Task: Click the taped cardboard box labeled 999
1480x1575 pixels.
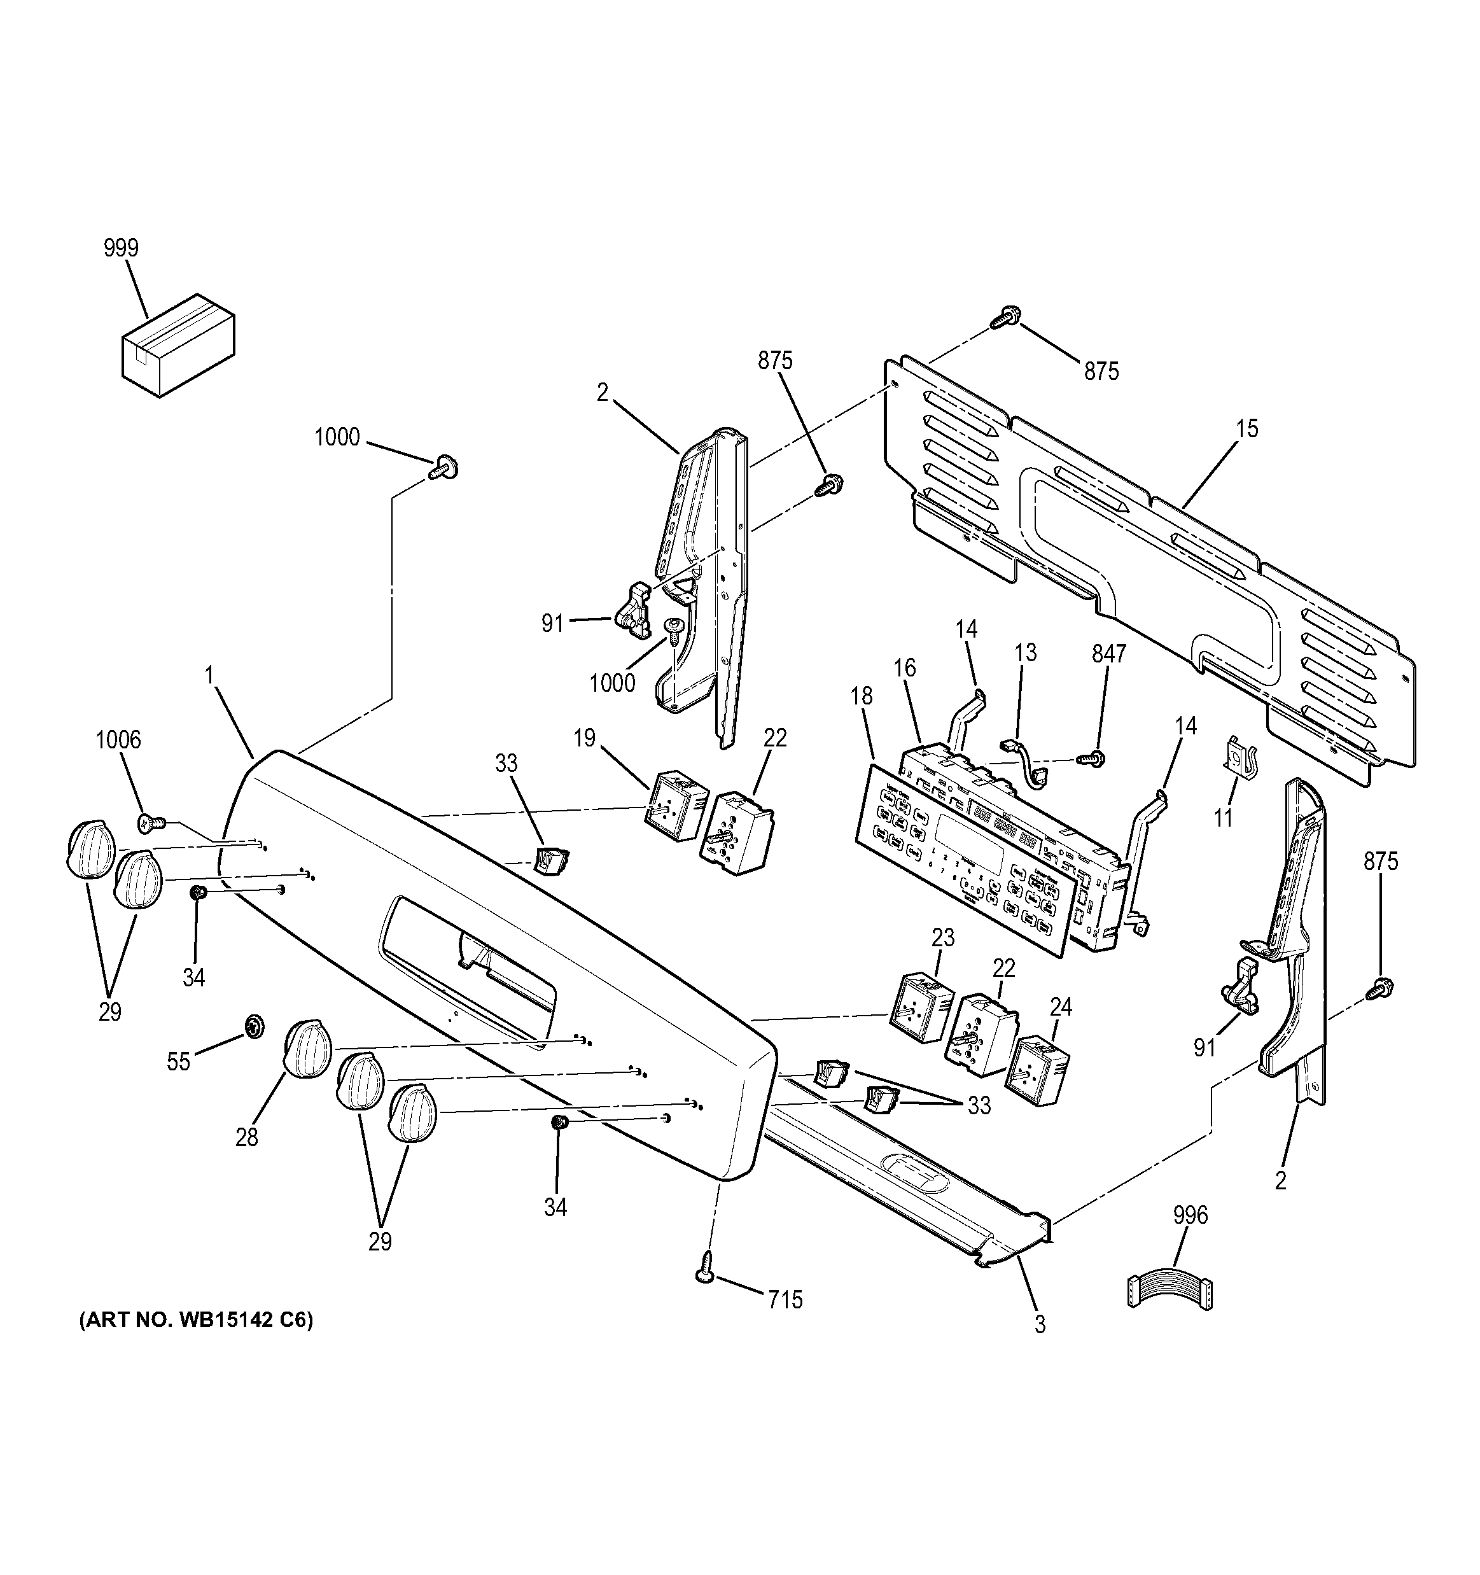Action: click(178, 345)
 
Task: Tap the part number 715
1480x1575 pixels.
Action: click(785, 1299)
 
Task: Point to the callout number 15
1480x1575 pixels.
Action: click(1246, 429)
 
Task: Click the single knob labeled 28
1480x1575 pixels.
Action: click(307, 1048)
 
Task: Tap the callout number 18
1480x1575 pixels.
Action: click(862, 696)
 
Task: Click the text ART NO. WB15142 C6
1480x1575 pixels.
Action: click(196, 1320)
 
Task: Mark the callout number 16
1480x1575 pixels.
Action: click(905, 668)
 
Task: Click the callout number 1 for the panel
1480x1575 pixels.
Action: click(209, 675)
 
